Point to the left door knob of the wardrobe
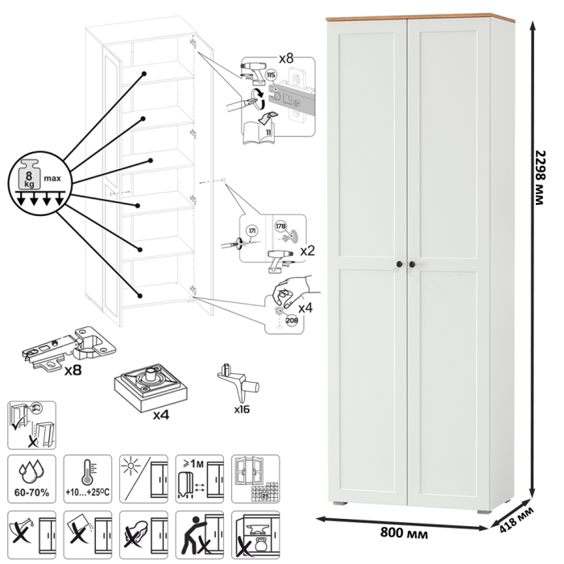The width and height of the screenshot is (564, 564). (x=399, y=265)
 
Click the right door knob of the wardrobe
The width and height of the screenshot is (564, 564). (x=413, y=265)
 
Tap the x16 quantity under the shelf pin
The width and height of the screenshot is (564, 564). (x=242, y=408)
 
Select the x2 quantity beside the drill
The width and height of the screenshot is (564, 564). (x=307, y=251)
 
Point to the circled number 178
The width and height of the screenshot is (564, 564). (x=281, y=226)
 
